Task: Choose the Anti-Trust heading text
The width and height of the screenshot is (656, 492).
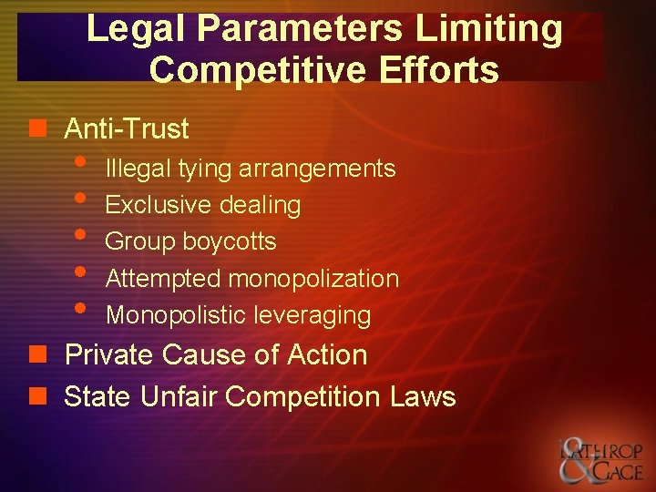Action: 127,129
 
